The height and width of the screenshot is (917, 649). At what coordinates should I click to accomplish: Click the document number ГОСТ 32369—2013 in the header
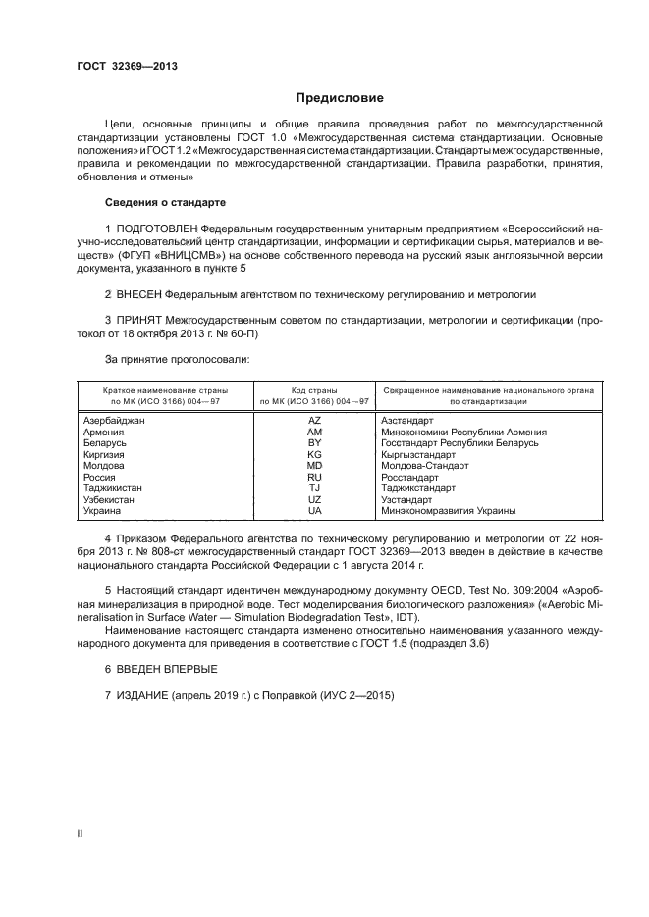(x=126, y=67)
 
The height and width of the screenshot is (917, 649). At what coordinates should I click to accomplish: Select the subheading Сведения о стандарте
(x=165, y=202)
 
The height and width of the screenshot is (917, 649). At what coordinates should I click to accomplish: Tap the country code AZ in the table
(x=314, y=420)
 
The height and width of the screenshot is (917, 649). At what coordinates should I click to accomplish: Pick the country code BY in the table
(x=314, y=443)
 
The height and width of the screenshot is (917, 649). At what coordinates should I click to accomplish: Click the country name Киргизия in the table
(x=105, y=455)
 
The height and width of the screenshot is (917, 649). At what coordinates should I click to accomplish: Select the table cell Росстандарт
(x=406, y=478)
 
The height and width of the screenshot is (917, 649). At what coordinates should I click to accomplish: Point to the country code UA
(x=314, y=511)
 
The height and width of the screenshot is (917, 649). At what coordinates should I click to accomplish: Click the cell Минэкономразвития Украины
(x=448, y=511)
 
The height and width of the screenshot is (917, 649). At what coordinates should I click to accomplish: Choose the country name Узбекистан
(x=110, y=500)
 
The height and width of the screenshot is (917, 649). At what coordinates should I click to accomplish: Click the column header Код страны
(x=314, y=389)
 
